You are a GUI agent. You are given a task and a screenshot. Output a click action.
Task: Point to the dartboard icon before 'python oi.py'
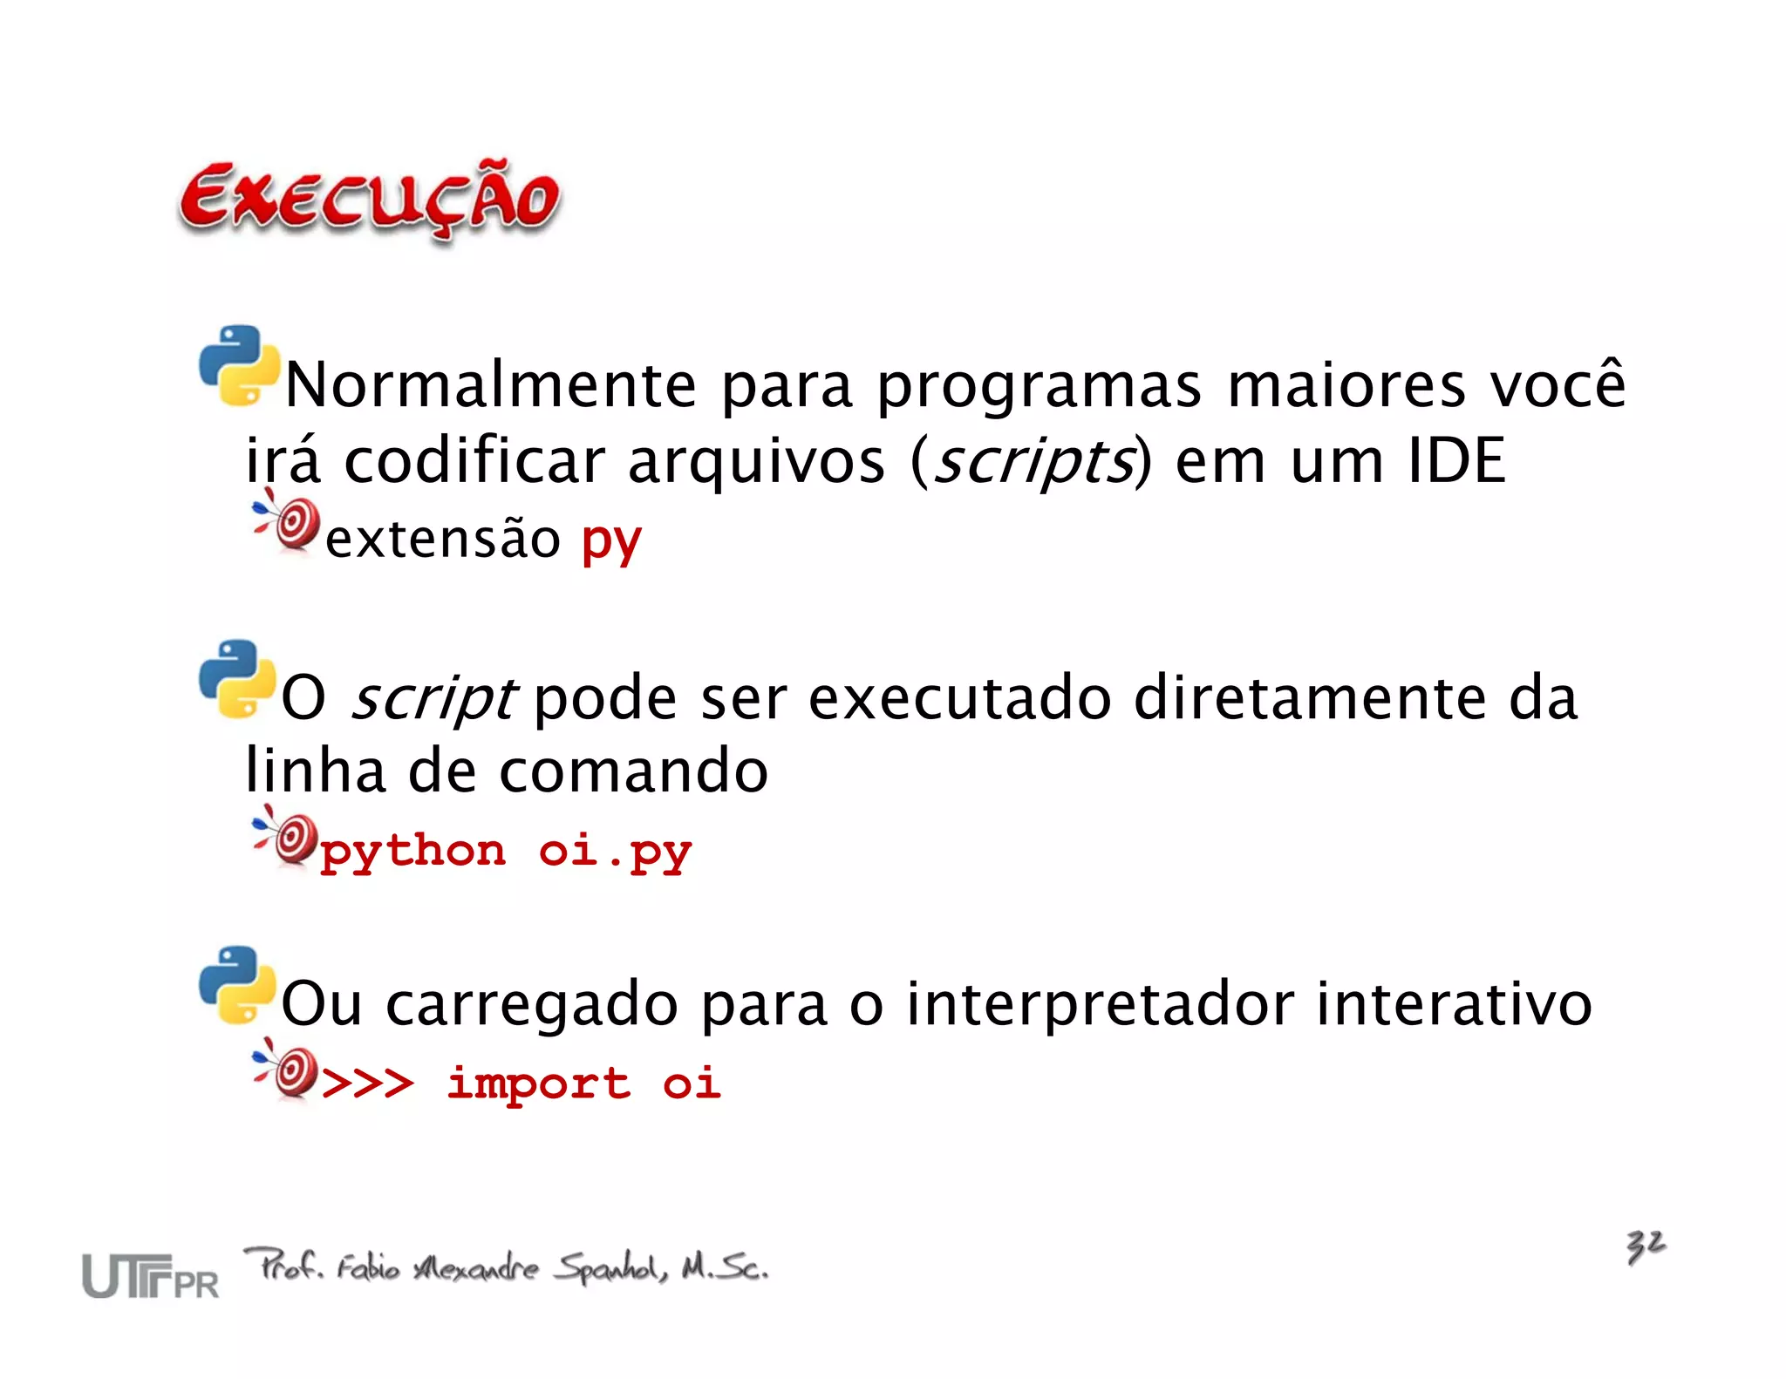[287, 837]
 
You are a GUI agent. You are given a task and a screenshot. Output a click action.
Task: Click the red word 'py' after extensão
[611, 540]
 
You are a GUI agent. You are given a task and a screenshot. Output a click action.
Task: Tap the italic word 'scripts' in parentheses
[1033, 461]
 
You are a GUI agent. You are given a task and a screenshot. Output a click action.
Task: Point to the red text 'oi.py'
[615, 852]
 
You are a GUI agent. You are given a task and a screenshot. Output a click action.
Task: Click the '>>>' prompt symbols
[367, 1084]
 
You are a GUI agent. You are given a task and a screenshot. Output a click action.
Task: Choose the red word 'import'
[538, 1084]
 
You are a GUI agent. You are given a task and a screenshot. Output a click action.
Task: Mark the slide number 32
[1646, 1246]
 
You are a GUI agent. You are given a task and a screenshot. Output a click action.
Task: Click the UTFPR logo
[150, 1277]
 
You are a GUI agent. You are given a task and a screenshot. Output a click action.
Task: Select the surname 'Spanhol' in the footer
[612, 1267]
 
